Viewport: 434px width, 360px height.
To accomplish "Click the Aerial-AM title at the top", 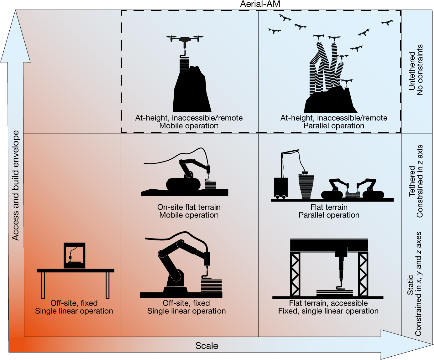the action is pyautogui.click(x=260, y=4).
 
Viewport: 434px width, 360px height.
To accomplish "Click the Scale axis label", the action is pyautogui.click(x=207, y=346).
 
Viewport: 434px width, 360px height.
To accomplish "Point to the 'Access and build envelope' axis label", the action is pyautogui.click(x=15, y=186).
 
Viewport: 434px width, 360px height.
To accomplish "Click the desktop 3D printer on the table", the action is pyautogui.click(x=74, y=255).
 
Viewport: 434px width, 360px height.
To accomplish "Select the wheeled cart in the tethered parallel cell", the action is pyautogui.click(x=281, y=188).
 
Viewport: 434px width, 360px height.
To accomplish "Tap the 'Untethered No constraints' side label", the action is pyautogui.click(x=416, y=70).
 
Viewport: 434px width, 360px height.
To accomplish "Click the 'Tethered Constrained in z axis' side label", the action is pyautogui.click(x=416, y=181).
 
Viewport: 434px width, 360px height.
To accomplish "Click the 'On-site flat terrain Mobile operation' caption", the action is pyautogui.click(x=189, y=211).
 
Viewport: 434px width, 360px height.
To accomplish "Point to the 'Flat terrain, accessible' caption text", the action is pyautogui.click(x=328, y=303).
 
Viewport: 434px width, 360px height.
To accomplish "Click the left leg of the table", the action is pyautogui.click(x=43, y=285).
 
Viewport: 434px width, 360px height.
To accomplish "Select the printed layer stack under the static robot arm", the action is pyautogui.click(x=211, y=285).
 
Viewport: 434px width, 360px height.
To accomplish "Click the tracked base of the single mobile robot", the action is pyautogui.click(x=183, y=184).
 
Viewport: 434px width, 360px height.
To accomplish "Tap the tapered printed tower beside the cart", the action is pyautogui.click(x=306, y=186).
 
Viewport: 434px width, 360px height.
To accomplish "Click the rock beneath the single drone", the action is pyautogui.click(x=192, y=89).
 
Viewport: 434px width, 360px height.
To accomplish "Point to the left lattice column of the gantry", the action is pyautogui.click(x=295, y=274).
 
